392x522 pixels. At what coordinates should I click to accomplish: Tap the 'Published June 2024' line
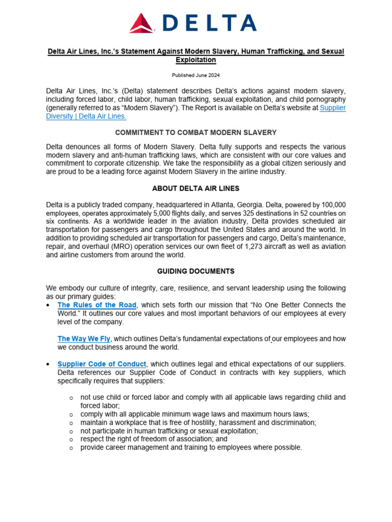coord(195,75)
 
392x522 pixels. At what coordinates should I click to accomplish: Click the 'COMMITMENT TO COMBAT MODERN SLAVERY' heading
coord(196,133)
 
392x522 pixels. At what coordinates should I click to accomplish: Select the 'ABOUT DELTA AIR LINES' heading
coord(196,189)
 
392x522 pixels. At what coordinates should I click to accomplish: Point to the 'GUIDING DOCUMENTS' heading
coord(196,271)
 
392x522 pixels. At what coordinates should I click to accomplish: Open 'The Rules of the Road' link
coord(97,305)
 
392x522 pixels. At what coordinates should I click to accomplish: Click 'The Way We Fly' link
coord(84,338)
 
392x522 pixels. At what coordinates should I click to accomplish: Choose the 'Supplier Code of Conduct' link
coord(102,364)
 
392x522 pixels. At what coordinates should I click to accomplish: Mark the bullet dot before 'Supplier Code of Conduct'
coord(47,364)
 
